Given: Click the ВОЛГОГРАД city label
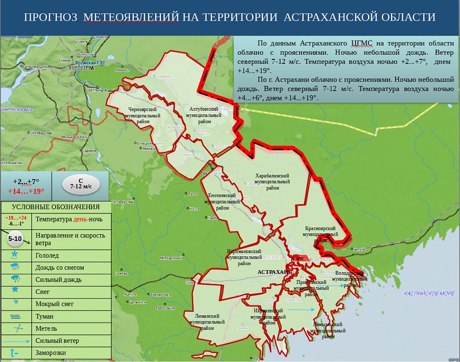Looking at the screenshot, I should point(80,68).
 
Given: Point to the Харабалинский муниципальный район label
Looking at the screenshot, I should point(272,181).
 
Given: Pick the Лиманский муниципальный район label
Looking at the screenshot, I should point(207,322).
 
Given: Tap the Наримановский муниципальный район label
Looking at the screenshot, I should point(244,257).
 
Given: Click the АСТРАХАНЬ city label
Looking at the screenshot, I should point(274,272).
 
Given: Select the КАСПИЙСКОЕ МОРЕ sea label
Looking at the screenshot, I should point(429,293).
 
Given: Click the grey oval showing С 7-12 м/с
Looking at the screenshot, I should point(81,183).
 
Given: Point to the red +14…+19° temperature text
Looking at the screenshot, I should point(26,191).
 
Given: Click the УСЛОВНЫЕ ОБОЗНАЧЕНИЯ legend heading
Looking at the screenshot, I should point(56,207).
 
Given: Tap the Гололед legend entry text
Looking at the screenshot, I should point(47,255).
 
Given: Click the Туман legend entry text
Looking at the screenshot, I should point(44,316).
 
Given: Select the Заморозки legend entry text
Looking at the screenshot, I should point(51,353).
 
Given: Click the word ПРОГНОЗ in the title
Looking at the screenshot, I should point(50,17).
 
